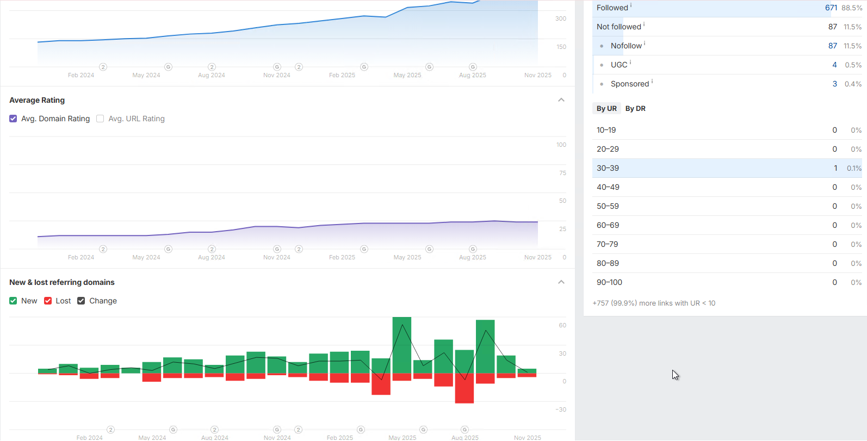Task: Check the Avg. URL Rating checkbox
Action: [100, 119]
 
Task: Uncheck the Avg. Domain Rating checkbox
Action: [13, 119]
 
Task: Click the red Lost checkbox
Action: [48, 301]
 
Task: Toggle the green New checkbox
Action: [13, 301]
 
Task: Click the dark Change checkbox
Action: [81, 301]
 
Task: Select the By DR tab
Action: [635, 108]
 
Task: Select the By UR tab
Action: [606, 108]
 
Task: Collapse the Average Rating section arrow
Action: [561, 100]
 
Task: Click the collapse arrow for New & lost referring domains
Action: [561, 282]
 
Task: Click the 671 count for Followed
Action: [831, 8]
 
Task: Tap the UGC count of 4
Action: [834, 65]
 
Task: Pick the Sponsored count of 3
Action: [834, 84]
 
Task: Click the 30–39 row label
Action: [608, 168]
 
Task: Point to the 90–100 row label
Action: [609, 282]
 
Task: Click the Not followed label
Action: [618, 27]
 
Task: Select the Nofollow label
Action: [626, 46]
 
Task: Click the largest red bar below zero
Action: [465, 388]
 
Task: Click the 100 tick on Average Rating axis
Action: [561, 145]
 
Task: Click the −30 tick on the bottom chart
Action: [561, 409]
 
